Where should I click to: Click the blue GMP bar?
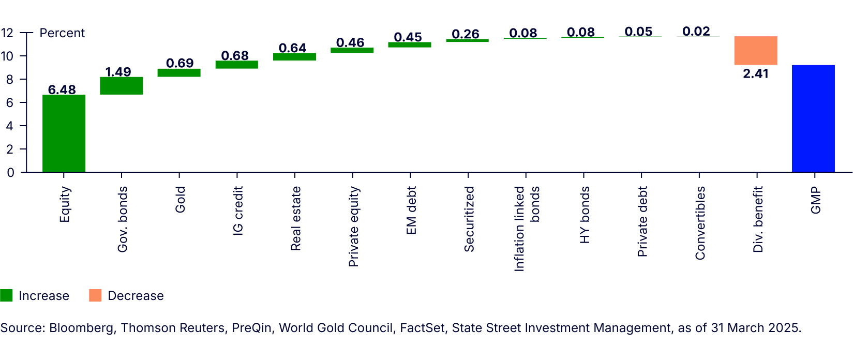coord(813,118)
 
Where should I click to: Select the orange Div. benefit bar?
coord(755,51)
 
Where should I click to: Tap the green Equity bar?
coord(64,133)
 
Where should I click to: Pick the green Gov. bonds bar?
coord(121,86)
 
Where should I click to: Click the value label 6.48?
coord(62,89)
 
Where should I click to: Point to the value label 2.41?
coord(755,74)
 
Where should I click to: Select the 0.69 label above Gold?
coord(179,63)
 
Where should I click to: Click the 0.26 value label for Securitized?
coord(465,34)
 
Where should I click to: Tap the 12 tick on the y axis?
coord(7,33)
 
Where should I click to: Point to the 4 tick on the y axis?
coord(10,126)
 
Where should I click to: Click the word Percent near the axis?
coord(62,33)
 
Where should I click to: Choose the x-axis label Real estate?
coord(295,219)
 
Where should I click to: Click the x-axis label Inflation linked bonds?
coord(526,229)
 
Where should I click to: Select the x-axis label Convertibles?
coord(700,223)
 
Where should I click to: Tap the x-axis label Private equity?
coord(353,227)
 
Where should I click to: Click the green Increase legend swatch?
coord(6,295)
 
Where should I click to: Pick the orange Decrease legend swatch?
coord(95,295)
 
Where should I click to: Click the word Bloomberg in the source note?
coord(81,328)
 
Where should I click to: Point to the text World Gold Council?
coord(336,328)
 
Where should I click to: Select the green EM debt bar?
coord(409,45)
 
